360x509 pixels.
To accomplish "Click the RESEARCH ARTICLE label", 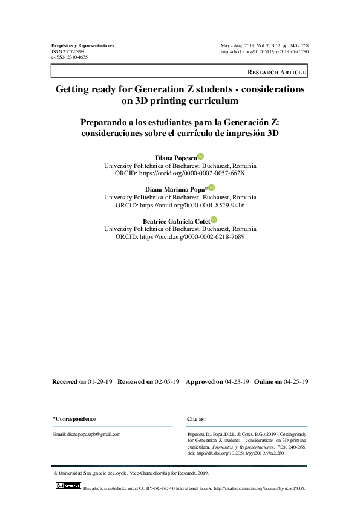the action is pyautogui.click(x=277, y=72).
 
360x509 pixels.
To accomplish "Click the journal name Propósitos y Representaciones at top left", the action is pyautogui.click(x=83, y=45).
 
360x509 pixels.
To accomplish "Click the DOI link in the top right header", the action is pyautogui.click(x=265, y=51).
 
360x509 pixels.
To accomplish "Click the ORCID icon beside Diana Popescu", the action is pyautogui.click(x=201, y=156).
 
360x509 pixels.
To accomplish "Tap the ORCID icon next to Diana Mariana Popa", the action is pyautogui.click(x=211, y=188).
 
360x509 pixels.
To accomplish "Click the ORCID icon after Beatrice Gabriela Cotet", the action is pyautogui.click(x=214, y=220).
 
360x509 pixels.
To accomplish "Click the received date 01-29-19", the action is pyautogui.click(x=99, y=382).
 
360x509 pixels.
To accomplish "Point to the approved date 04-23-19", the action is pyautogui.click(x=237, y=382).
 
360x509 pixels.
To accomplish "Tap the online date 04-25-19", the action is pyautogui.click(x=296, y=382).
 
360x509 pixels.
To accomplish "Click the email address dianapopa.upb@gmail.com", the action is pyautogui.click(x=87, y=434).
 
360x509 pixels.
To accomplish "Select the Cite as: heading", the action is pyautogui.click(x=197, y=419).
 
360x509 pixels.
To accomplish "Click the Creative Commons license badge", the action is pyautogui.click(x=68, y=486).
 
